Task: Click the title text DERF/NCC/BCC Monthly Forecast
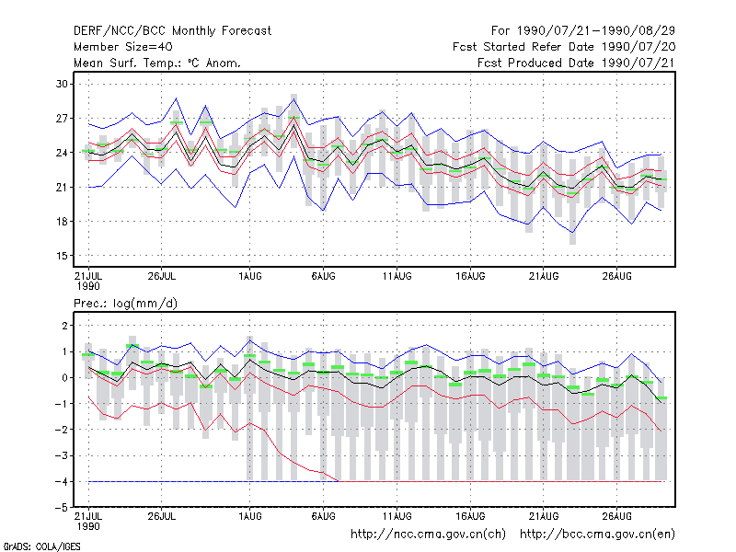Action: click(172, 31)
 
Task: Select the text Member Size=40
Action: click(123, 47)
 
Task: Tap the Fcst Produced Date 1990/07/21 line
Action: click(576, 63)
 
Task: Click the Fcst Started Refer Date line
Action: click(564, 47)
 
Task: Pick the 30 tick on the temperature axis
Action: click(62, 84)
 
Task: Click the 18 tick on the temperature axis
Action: click(62, 222)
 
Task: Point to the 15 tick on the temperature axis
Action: click(62, 256)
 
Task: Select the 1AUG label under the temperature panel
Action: click(249, 276)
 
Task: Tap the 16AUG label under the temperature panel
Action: click(470, 276)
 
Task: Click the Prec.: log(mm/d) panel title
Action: click(125, 304)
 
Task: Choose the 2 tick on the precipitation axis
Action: click(64, 326)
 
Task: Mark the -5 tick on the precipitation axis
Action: click(62, 508)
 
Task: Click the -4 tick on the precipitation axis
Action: click(62, 481)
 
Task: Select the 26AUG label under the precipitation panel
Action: click(616, 516)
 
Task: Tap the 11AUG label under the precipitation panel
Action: click(397, 516)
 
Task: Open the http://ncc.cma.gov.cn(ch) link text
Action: click(428, 535)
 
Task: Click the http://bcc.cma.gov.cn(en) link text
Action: click(597, 535)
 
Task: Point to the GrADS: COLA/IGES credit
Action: click(41, 546)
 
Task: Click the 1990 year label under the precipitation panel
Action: click(88, 526)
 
